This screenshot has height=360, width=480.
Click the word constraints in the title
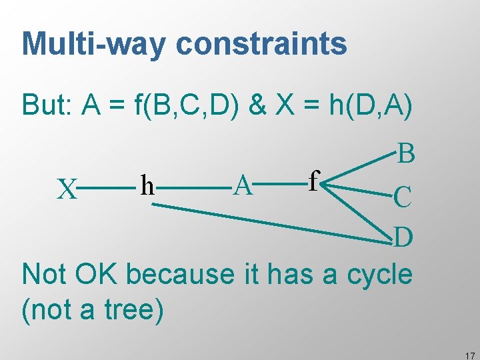click(x=261, y=44)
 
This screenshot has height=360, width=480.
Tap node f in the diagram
click(x=315, y=179)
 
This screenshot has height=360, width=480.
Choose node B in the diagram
click(x=406, y=154)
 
